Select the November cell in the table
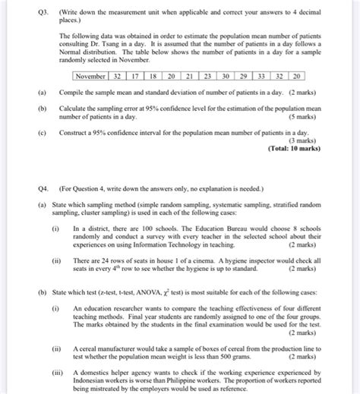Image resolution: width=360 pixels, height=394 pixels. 90,77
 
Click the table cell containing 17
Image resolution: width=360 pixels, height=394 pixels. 134,77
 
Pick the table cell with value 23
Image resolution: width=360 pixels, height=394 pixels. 207,77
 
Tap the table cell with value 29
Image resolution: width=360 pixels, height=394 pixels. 243,77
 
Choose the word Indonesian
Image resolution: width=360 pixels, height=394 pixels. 92,382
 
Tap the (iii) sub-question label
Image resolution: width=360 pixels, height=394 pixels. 57,374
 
